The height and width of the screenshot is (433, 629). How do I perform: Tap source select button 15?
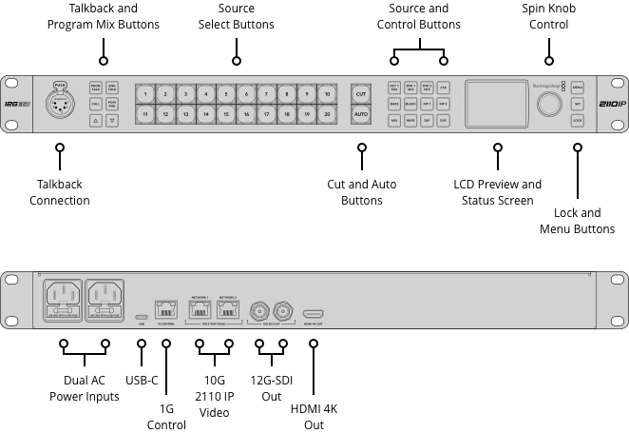click(x=225, y=114)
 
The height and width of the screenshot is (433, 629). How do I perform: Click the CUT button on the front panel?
click(x=361, y=94)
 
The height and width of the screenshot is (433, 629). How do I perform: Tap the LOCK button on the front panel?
click(x=578, y=121)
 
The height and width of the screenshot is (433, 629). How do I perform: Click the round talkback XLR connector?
click(x=61, y=104)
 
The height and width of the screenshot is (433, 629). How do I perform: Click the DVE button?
click(x=443, y=121)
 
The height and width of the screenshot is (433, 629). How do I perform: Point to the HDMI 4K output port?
click(x=314, y=312)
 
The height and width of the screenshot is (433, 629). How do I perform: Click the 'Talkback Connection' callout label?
click(x=60, y=192)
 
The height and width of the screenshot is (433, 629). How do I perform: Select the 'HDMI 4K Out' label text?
click(x=313, y=416)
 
